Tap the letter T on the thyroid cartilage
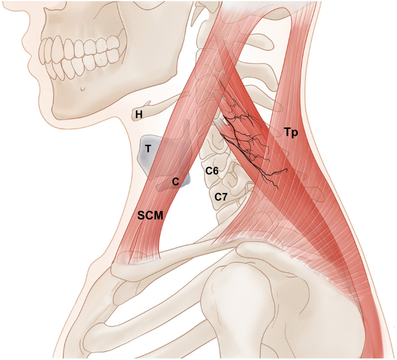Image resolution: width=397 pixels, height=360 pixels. point(148,149)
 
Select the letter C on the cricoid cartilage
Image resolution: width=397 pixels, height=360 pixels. point(174,181)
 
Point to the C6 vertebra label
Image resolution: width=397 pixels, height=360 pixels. point(212,171)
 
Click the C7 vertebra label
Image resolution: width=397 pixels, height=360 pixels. point(221,197)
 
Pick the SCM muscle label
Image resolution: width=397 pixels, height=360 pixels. point(150,216)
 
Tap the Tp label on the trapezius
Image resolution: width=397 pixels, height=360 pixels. point(291,132)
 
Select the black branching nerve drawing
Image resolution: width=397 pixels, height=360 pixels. point(249,139)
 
